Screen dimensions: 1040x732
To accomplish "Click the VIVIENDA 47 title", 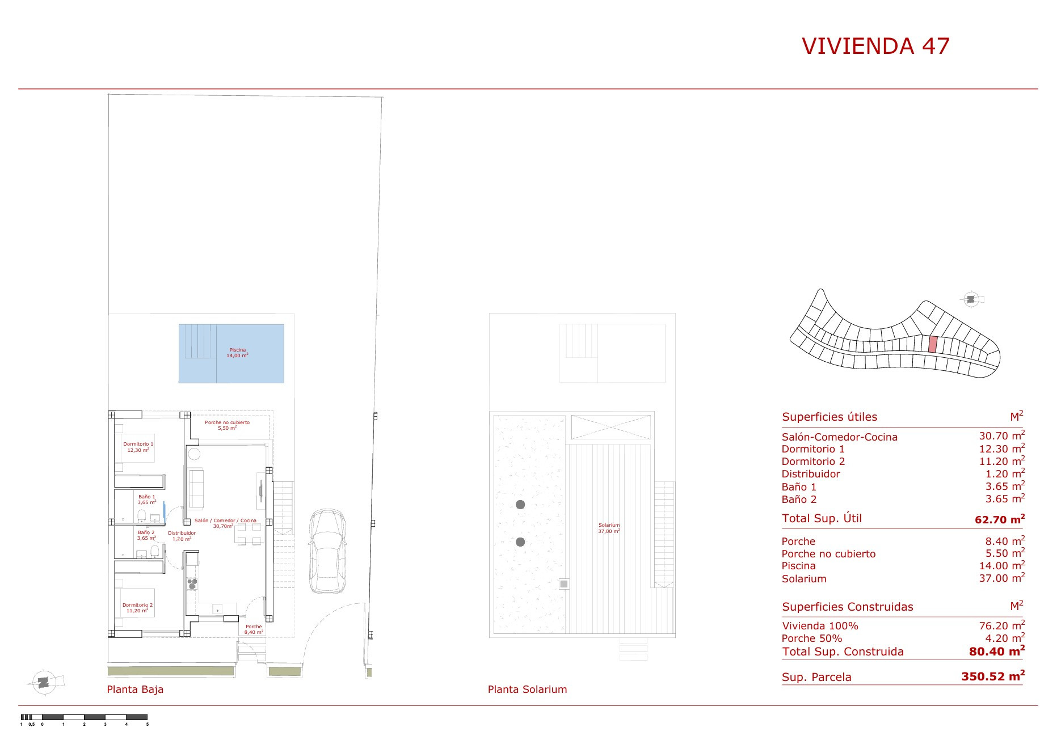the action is [x=875, y=46].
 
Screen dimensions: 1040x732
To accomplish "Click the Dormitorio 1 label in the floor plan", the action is [x=138, y=447].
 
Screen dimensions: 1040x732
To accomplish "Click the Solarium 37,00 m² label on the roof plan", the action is [x=609, y=528].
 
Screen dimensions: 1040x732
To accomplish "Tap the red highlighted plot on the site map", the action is [x=933, y=344].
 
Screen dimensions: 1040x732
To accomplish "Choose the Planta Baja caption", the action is [x=135, y=689].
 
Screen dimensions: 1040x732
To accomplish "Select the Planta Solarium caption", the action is [x=527, y=689].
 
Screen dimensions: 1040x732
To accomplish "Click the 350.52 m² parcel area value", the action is [x=993, y=676].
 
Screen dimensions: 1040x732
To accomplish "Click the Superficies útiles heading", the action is [x=830, y=417].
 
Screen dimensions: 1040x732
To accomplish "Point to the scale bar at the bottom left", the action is [x=84, y=717].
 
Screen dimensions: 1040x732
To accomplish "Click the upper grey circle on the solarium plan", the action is [x=520, y=505].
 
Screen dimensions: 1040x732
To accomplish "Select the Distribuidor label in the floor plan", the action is [x=182, y=535].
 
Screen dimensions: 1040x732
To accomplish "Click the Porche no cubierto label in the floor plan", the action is [x=227, y=425].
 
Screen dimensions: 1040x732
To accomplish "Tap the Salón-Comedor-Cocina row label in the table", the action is [x=840, y=437].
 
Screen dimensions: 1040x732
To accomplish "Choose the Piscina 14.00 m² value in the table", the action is [x=1002, y=565].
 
